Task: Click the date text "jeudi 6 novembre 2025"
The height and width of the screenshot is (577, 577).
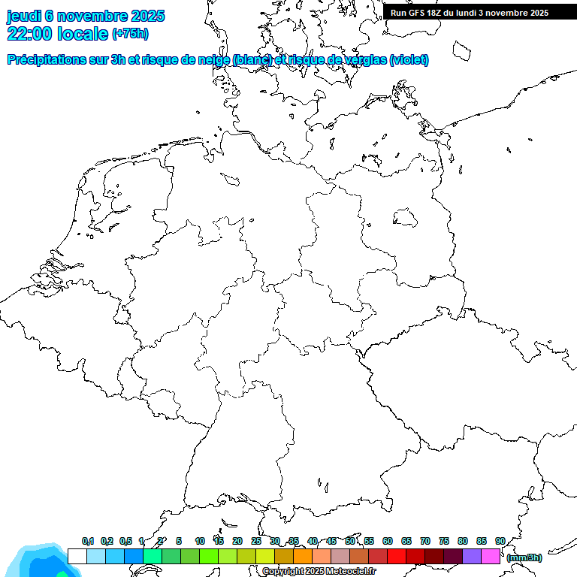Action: [x=86, y=16]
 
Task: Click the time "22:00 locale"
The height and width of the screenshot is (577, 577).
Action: [x=57, y=33]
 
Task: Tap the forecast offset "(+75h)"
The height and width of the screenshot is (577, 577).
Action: [x=130, y=34]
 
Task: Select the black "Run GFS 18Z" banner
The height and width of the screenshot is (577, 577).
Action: [x=470, y=13]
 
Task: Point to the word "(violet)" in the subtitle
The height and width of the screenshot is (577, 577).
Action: [x=409, y=60]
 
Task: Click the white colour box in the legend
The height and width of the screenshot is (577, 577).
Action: [x=77, y=556]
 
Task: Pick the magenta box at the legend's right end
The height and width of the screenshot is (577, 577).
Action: [x=491, y=556]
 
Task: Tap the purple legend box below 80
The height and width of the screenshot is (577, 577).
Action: [x=472, y=556]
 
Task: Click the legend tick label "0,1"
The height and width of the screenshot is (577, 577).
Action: [x=88, y=542]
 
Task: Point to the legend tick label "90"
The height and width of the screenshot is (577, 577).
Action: [x=500, y=542]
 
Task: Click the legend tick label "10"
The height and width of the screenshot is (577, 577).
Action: [x=200, y=542]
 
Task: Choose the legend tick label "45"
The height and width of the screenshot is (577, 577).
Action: [x=331, y=542]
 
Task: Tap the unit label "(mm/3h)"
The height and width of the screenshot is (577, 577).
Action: [x=524, y=557]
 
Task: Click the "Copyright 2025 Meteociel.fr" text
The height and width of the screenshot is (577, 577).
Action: [x=319, y=572]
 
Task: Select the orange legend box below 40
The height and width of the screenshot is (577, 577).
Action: [x=303, y=556]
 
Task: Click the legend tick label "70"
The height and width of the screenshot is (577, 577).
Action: [x=425, y=542]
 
